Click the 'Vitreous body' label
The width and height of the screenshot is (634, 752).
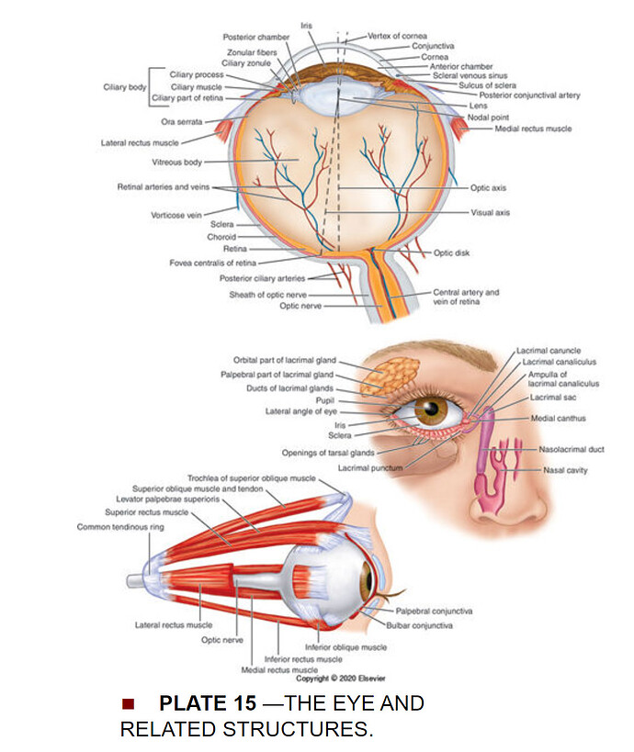tap(177, 163)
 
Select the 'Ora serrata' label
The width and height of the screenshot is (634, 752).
tap(181, 121)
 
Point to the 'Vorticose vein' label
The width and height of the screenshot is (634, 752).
tap(175, 216)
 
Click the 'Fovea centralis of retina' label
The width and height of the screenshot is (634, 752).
tap(212, 263)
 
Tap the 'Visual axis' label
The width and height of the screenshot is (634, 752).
tap(490, 212)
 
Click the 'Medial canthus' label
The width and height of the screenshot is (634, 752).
tap(558, 418)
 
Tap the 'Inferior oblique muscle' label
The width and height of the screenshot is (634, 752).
tap(353, 646)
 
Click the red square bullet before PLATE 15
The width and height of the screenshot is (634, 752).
tap(128, 704)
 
